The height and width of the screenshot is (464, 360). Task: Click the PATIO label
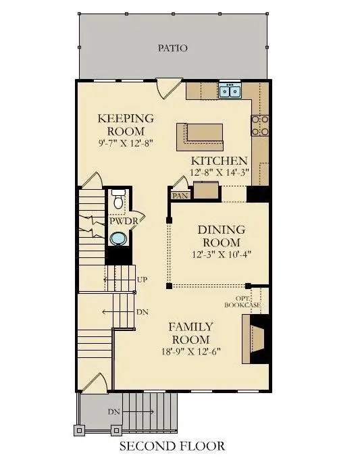click(172, 48)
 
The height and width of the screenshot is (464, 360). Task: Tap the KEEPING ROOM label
click(125, 124)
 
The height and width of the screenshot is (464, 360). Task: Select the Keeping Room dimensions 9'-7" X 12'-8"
click(125, 143)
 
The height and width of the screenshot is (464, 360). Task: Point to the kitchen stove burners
click(261, 126)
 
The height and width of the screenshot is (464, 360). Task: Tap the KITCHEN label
click(219, 161)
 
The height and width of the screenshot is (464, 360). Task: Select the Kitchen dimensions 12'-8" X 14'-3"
click(220, 172)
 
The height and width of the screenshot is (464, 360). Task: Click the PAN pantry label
click(180, 196)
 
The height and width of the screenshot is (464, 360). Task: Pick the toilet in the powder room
click(118, 200)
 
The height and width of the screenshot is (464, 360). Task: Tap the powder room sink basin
click(119, 238)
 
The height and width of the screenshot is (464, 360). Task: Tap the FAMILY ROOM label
click(190, 332)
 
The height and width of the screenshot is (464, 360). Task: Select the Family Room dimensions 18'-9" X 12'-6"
click(190, 352)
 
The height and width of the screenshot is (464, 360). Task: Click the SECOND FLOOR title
click(172, 446)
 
